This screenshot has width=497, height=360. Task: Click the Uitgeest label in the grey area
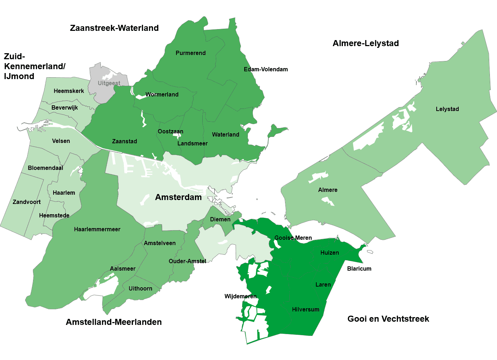point(109,83)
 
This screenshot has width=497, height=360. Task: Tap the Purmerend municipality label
point(191,53)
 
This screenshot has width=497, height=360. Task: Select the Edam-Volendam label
point(266,70)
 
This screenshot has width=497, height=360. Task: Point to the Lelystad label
point(447,109)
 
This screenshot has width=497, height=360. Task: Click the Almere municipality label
point(328,190)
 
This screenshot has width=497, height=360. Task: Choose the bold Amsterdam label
point(178,198)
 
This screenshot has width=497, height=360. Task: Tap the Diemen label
point(220,220)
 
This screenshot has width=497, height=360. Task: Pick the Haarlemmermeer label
point(97,229)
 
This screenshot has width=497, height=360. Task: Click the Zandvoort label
point(27,202)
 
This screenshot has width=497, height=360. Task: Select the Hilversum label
point(306,310)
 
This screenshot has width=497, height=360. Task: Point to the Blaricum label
point(359,269)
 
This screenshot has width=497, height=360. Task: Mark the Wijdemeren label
point(240,297)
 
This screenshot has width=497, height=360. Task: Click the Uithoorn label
point(140,289)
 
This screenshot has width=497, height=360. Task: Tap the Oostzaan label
point(170,132)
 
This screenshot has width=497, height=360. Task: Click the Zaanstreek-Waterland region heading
point(114,28)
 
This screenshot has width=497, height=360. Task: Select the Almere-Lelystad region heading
point(366,44)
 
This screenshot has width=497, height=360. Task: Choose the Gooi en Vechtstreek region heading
point(388,319)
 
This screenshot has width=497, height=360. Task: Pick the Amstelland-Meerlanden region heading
point(114,322)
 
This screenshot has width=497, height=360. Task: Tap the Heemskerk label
point(69,91)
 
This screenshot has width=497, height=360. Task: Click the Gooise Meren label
point(293,238)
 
